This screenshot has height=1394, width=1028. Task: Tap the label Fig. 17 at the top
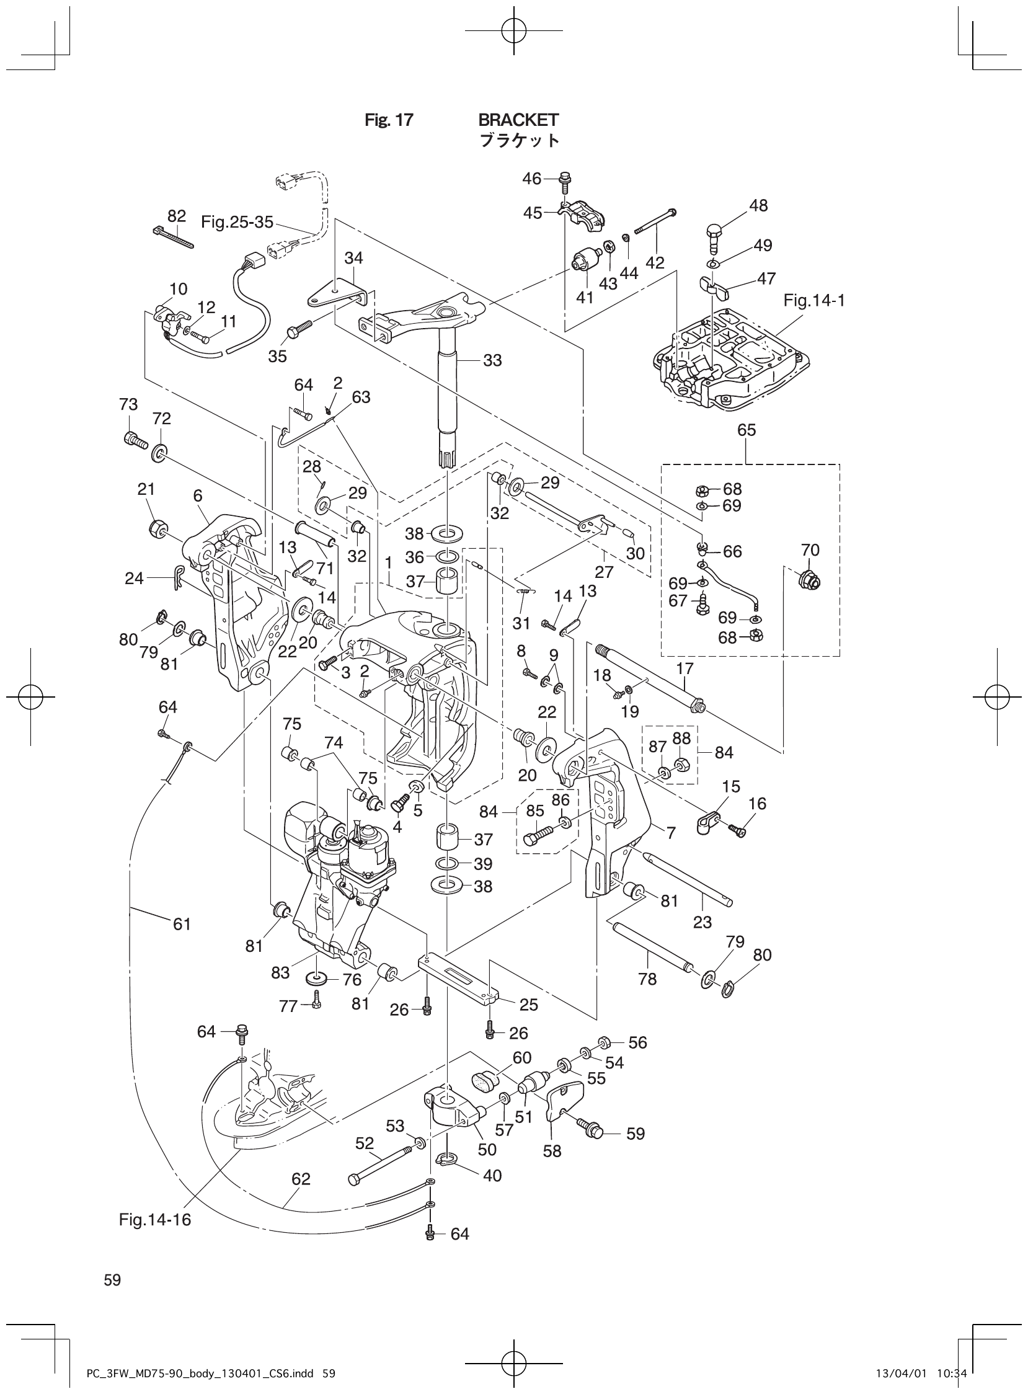[388, 120]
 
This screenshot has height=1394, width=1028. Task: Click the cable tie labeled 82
[173, 237]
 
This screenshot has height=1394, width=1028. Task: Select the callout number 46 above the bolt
[531, 179]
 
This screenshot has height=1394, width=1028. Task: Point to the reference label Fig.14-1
[814, 301]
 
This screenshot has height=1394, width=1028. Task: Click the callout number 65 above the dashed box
[746, 430]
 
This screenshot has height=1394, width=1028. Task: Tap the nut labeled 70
[809, 581]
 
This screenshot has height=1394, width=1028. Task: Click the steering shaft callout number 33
[492, 360]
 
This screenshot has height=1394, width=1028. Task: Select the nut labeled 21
[157, 528]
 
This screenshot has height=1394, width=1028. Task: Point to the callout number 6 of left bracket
[198, 496]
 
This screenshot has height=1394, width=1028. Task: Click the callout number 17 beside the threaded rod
[685, 670]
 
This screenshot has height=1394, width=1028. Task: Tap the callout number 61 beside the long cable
[182, 925]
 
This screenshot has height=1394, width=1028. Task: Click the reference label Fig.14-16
[155, 1220]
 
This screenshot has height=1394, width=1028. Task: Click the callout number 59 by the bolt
[636, 1134]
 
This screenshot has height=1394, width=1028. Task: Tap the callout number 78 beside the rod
[647, 979]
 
